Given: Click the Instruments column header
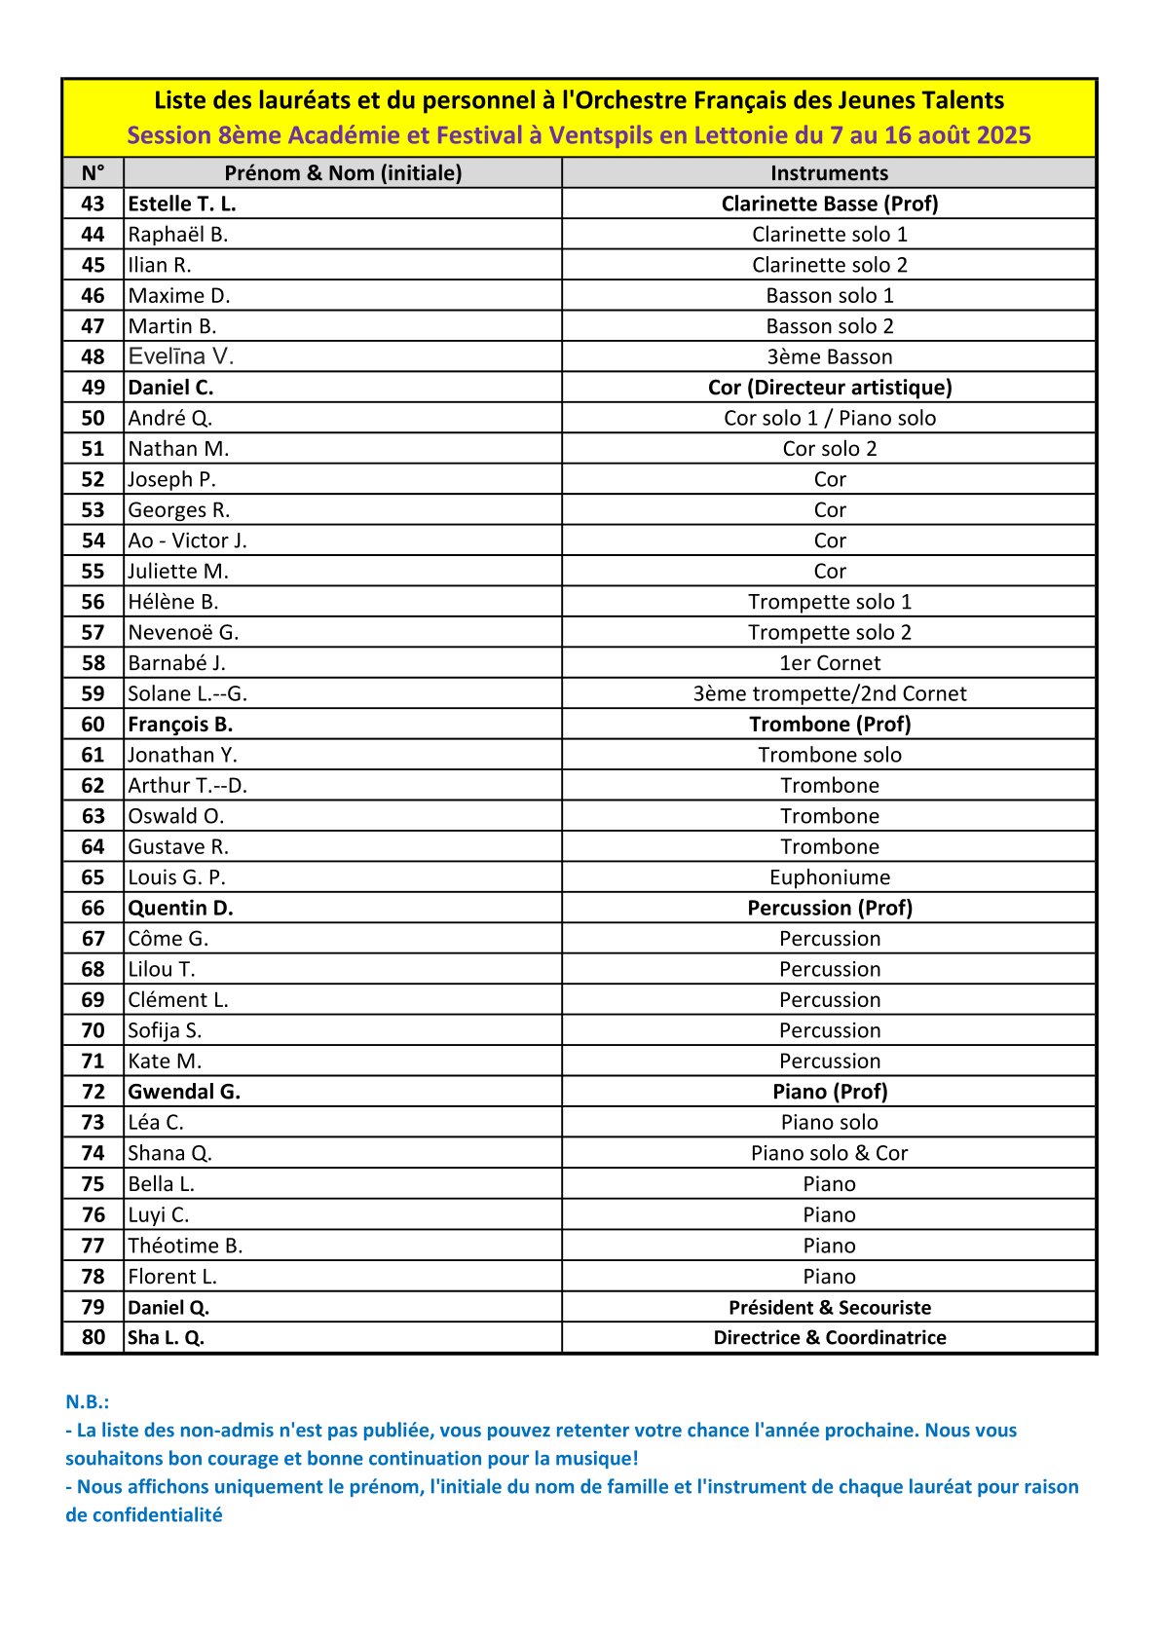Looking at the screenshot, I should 829,173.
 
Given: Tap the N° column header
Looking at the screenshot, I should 93,173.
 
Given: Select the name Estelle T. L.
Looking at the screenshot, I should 182,204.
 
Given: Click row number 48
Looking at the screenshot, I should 93,356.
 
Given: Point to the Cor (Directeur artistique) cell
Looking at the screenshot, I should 829,388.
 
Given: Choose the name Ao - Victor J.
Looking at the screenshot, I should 187,540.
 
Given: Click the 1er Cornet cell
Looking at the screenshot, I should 829,663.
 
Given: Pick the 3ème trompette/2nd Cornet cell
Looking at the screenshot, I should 829,693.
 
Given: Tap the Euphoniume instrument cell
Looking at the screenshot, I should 829,877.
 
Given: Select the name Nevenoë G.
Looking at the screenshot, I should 183,632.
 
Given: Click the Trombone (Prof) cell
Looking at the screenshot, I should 829,725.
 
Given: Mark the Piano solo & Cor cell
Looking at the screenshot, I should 829,1153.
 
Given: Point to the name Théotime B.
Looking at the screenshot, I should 185,1246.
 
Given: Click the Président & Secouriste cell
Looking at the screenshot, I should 829,1307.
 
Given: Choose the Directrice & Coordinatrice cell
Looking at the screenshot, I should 829,1337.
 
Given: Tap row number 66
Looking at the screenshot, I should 93,908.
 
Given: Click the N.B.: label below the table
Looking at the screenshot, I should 87,1401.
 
